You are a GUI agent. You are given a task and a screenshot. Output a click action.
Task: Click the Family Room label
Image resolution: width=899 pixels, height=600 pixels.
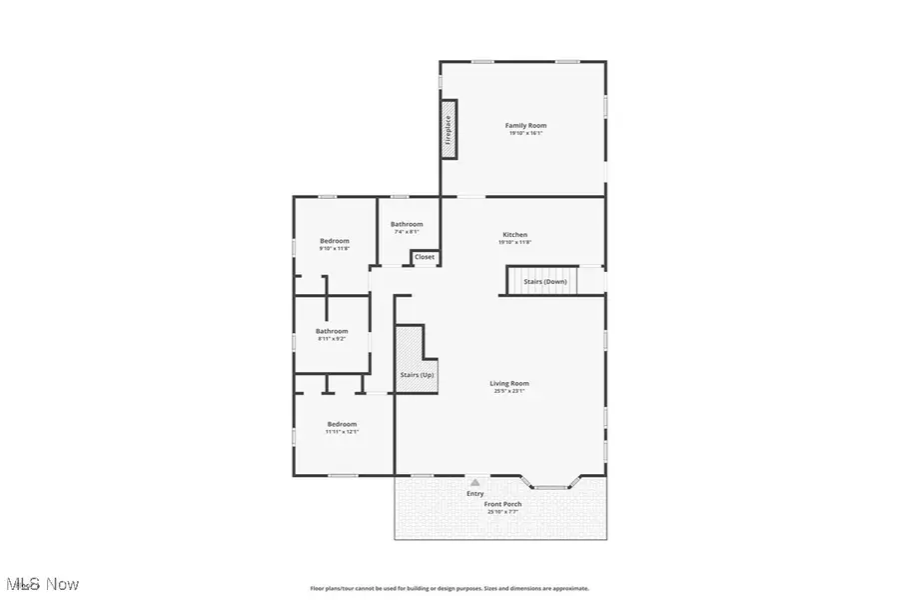point(525,125)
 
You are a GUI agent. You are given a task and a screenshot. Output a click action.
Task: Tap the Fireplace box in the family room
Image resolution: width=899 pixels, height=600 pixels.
point(449,129)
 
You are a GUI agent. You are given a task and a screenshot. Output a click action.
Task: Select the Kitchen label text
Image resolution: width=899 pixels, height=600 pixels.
point(514,235)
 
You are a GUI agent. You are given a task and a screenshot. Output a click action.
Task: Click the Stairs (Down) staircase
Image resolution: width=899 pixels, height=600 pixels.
point(545,281)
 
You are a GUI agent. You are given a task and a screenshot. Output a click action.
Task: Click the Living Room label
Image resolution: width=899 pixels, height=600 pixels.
point(508,383)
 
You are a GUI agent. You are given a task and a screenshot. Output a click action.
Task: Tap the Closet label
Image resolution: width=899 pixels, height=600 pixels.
point(425,257)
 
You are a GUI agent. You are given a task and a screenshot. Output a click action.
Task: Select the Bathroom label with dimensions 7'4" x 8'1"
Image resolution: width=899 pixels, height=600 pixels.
point(407,224)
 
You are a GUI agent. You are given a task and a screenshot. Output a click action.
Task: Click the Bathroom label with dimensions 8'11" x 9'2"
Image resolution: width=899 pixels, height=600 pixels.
point(332,331)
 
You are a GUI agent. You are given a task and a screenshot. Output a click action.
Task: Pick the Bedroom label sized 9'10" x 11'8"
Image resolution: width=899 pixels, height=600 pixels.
point(335,241)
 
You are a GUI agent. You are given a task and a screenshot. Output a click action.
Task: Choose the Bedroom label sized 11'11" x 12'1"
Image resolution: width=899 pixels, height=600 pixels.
point(341,424)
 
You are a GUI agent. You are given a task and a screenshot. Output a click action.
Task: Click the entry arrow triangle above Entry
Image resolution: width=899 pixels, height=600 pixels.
point(475,482)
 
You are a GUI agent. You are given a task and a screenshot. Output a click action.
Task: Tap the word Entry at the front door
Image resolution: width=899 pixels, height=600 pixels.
point(475,493)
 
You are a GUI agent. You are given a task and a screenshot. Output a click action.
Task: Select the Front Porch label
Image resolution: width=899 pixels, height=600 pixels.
point(503,504)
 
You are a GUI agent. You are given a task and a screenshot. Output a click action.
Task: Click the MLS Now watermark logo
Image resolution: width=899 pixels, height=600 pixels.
point(42,583)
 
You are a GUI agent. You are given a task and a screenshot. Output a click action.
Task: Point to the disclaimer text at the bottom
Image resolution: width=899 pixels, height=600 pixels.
point(449,588)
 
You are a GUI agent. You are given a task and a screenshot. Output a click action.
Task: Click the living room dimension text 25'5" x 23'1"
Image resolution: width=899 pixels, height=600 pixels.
point(508,391)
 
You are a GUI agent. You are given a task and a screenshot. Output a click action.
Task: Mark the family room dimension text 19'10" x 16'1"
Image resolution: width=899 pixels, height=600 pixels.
point(525,132)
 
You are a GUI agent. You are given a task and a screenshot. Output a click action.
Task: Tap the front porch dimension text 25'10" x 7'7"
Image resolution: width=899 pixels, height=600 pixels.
point(503,512)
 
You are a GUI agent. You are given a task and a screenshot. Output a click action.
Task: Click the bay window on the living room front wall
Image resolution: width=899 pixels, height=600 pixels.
point(549,485)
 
